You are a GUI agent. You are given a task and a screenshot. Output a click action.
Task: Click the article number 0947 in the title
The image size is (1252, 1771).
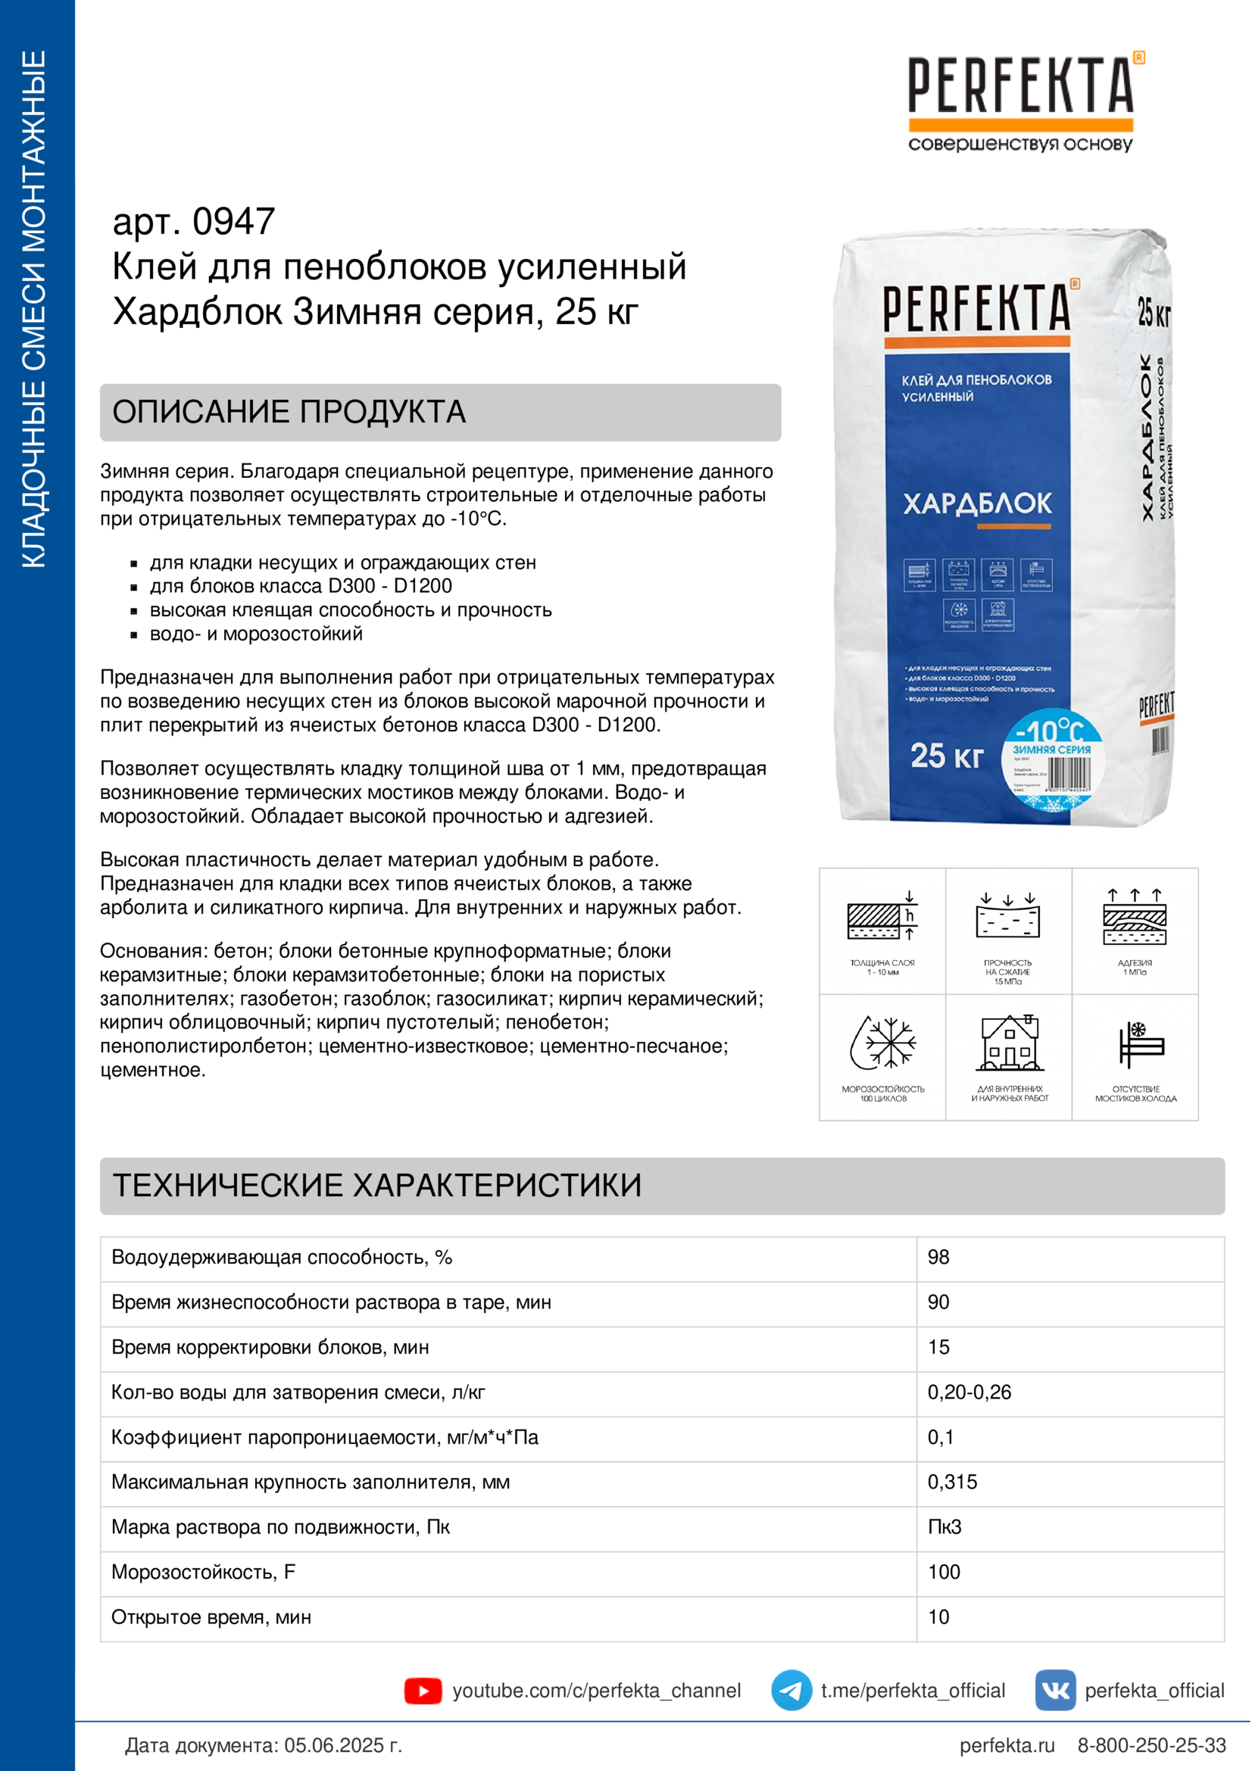coord(233,222)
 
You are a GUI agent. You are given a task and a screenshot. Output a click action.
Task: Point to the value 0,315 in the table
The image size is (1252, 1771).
coord(952,1482)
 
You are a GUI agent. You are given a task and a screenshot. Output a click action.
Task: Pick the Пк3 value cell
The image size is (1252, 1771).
coord(944,1526)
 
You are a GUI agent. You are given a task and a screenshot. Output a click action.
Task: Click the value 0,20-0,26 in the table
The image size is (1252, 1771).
coord(969,1392)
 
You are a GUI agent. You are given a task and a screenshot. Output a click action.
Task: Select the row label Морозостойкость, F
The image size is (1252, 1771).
coord(203,1572)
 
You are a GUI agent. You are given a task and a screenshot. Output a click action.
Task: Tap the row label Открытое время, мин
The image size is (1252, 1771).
coord(211,1617)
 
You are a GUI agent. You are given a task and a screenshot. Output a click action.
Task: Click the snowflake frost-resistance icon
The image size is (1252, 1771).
coord(883,1043)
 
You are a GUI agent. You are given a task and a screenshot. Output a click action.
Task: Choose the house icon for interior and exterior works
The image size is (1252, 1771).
coord(1009,1043)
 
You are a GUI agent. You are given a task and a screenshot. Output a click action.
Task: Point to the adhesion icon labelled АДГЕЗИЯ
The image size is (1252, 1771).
coord(1135,919)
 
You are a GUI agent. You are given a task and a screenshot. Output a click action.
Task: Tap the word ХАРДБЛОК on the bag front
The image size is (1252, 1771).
coord(976,504)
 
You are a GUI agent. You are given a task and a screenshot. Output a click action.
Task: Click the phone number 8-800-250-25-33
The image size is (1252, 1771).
coord(1151,1744)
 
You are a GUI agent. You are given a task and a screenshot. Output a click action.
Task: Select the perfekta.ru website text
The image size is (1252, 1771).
coord(1007,1744)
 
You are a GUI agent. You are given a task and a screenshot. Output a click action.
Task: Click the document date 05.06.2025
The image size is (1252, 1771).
coord(342,1744)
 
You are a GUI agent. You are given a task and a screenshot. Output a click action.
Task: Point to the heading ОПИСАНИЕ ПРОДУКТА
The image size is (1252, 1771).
coord(289,412)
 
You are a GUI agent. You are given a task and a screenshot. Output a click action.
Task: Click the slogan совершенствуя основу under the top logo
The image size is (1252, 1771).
coord(1019,145)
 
